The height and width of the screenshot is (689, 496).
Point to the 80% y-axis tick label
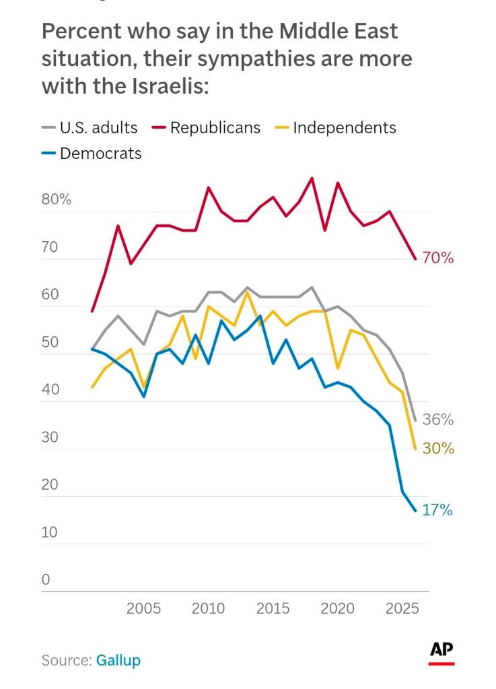57,200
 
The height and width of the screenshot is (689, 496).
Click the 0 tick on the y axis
46,580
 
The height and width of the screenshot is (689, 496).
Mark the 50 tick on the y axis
51,343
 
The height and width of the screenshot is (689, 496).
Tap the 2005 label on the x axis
144,608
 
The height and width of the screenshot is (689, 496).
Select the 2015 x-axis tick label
273,608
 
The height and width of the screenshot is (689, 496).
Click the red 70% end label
438,258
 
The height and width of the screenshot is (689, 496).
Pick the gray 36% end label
438,420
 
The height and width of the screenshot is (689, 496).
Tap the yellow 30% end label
438,449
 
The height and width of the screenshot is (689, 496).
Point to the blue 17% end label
437,511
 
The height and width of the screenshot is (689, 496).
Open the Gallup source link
118,660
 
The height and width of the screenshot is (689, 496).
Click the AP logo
441,651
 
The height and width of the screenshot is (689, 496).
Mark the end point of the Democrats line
415,511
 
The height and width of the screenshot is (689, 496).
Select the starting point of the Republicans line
92,311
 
